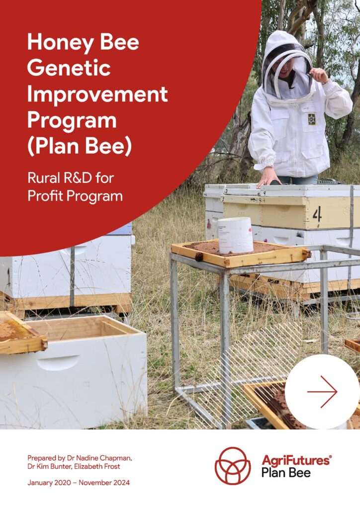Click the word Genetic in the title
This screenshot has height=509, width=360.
(x=69, y=68)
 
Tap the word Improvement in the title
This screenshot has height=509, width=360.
(x=97, y=94)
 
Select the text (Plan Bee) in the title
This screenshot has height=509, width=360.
(x=80, y=146)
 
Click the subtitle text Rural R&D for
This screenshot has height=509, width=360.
(x=71, y=178)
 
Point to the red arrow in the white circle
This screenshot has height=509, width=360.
(x=322, y=392)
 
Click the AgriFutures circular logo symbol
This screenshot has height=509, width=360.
(x=233, y=466)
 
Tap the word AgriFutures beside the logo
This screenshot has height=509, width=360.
(x=296, y=461)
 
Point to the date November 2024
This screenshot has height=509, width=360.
(x=104, y=483)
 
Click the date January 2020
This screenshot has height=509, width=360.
(x=49, y=483)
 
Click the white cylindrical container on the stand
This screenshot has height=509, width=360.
(x=235, y=235)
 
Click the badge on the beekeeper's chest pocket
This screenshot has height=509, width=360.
(x=312, y=119)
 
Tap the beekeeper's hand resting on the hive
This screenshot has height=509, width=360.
(x=269, y=177)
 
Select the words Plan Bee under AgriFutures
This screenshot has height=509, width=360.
(x=285, y=473)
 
